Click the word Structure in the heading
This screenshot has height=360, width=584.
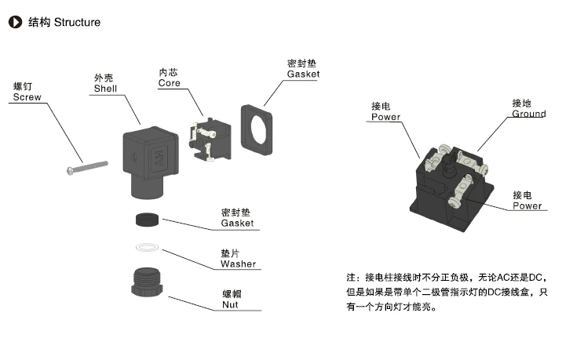point(77,22)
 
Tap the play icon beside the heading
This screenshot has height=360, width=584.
point(14,22)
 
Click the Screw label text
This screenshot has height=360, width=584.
point(27,97)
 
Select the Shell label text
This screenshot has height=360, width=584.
point(104,89)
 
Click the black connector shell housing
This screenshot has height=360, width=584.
point(149,158)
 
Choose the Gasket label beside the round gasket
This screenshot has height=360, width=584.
point(237,223)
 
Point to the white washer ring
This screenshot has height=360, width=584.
point(148,248)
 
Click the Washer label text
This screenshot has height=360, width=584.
point(238,264)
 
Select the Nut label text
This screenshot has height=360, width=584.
point(230,304)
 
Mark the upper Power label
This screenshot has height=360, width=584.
point(385,117)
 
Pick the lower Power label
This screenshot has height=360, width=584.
point(527,205)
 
